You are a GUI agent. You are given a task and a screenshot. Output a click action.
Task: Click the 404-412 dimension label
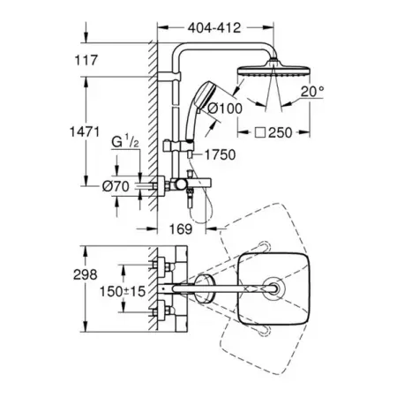coord(214,28)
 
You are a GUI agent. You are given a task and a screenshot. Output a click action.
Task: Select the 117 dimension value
coord(86,60)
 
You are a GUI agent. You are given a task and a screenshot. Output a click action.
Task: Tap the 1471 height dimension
coord(85,131)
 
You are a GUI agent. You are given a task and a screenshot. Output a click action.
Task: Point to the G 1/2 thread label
coord(125,141)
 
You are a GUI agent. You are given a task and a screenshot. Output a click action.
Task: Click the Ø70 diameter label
coord(116,186)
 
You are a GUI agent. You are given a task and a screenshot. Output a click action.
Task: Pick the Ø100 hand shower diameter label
coord(225,109)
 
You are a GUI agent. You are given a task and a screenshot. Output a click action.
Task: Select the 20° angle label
coord(312,92)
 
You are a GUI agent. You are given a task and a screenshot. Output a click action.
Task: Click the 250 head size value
coord(281,132)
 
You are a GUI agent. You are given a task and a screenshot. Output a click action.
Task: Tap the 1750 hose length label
coord(220,155)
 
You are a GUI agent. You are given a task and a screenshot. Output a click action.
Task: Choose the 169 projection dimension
coord(181,228)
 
